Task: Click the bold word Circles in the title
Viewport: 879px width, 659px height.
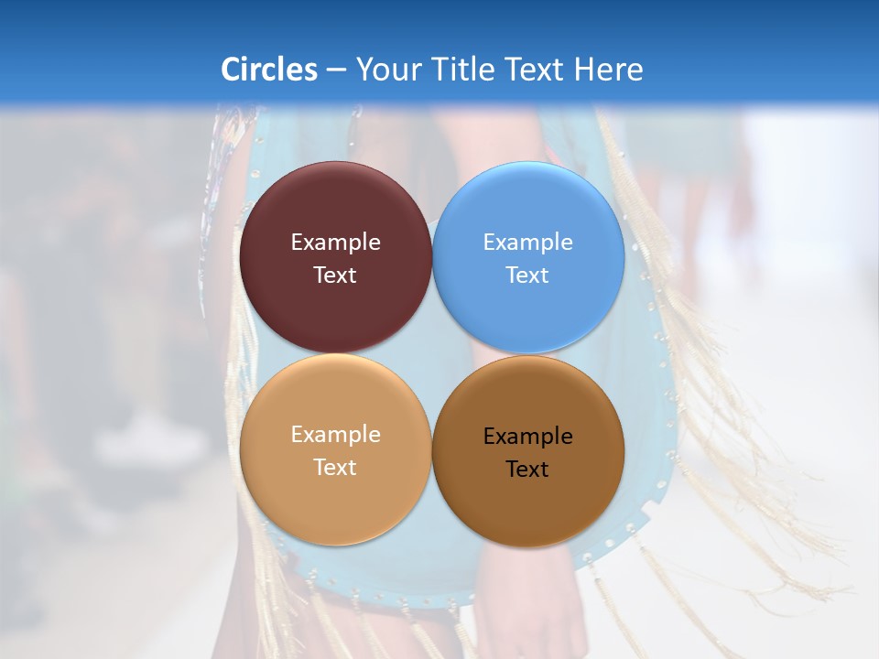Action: [268, 70]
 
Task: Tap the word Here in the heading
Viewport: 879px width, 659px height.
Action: [608, 70]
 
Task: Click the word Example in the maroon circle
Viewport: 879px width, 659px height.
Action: [335, 243]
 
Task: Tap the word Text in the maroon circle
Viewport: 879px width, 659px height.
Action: [335, 275]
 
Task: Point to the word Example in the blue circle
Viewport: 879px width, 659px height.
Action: [528, 243]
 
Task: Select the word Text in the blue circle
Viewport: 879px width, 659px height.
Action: [528, 275]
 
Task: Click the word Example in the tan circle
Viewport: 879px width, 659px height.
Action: [335, 435]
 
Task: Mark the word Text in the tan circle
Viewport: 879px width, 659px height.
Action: [335, 468]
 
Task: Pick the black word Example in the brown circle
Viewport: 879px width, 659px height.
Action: [528, 437]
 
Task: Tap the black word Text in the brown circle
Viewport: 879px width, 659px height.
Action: [528, 470]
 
